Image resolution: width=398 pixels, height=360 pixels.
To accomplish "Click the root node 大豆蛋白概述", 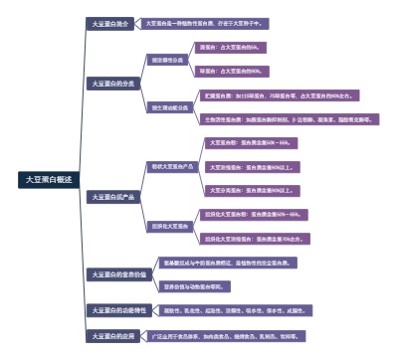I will tap(49, 179).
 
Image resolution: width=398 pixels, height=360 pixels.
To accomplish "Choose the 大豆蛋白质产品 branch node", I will tap(112, 196).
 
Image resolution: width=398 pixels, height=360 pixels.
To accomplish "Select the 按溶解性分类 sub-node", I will tap(166, 59).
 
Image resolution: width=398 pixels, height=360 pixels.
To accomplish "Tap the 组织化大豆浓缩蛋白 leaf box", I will tap(253, 239).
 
